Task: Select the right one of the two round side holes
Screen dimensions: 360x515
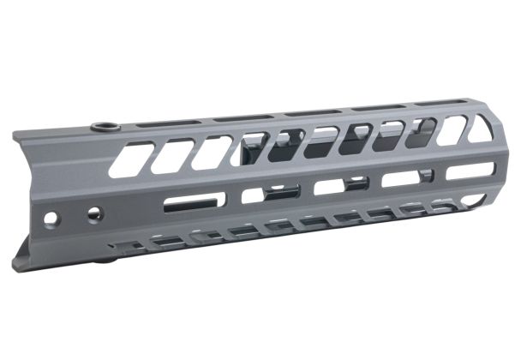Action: click(x=95, y=211)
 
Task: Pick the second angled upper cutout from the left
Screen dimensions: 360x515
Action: click(x=171, y=154)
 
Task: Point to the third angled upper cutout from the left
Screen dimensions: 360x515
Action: click(x=211, y=151)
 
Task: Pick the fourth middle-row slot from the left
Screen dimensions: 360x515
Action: click(x=400, y=178)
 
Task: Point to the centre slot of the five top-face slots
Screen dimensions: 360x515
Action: click(x=305, y=114)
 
